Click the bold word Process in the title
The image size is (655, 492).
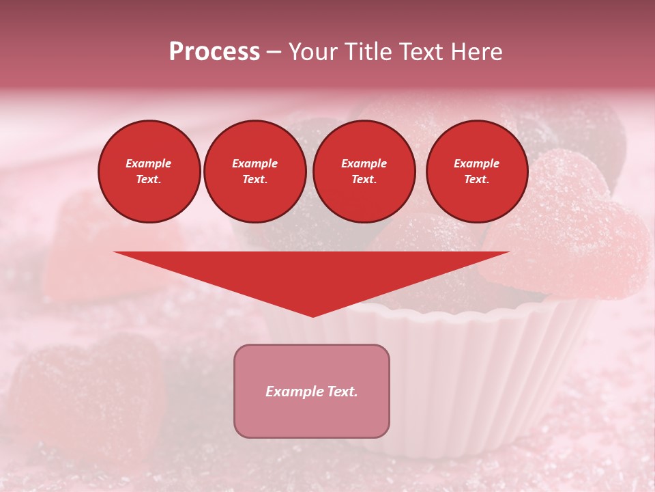[214, 52]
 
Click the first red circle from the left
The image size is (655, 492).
[149, 172]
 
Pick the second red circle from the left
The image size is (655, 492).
[255, 172]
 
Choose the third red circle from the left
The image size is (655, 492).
[364, 172]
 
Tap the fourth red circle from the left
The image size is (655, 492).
[477, 172]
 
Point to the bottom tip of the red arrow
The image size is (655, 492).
[312, 316]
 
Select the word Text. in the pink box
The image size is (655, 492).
[340, 392]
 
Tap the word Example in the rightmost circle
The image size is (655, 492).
[477, 163]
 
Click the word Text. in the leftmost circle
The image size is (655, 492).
[149, 180]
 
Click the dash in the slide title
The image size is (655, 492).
[274, 53]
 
